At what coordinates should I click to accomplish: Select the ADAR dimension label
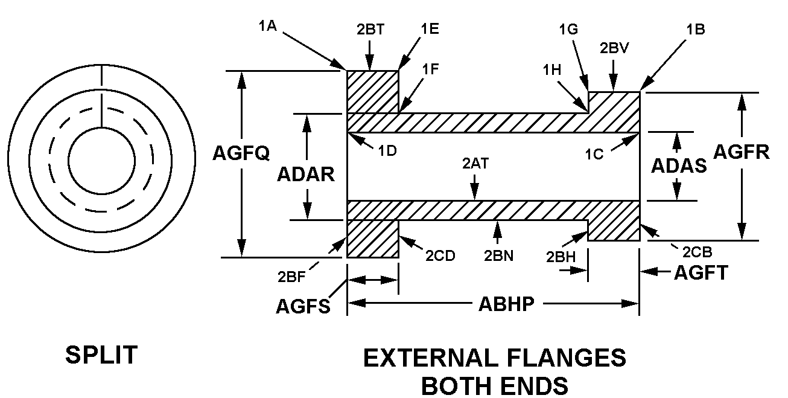click(305, 174)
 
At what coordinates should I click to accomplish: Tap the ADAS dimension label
click(679, 165)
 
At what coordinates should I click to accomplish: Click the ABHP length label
click(506, 303)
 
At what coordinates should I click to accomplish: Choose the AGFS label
click(303, 307)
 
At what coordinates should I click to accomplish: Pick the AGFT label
click(701, 273)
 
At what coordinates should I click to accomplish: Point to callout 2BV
click(614, 49)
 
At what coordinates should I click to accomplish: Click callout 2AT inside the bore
click(474, 162)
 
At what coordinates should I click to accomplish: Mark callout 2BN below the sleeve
click(498, 255)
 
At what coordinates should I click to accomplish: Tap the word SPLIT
click(101, 355)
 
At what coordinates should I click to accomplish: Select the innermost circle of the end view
click(101, 161)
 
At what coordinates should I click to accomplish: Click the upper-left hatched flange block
click(372, 92)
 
